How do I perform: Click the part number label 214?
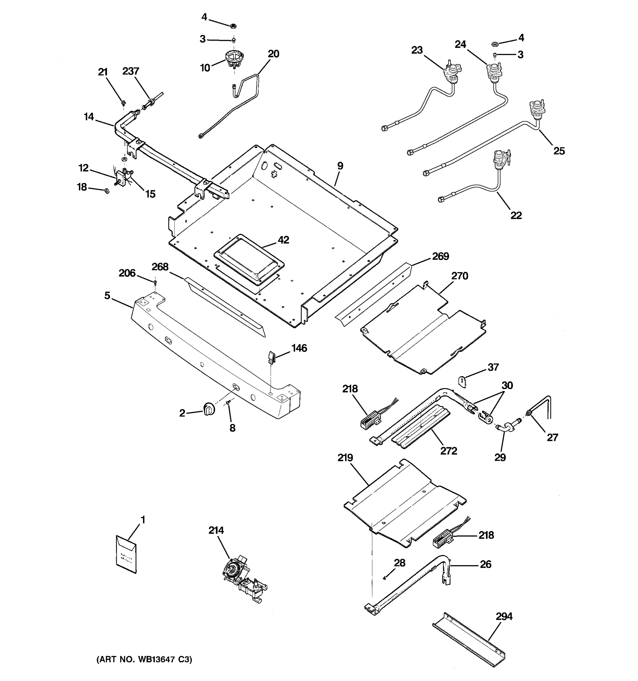click(216, 530)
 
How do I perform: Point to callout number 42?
click(283, 240)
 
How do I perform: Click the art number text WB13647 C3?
click(144, 659)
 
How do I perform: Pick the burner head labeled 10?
click(233, 59)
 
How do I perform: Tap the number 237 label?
click(131, 71)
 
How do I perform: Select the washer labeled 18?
click(106, 190)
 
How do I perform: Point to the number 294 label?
click(504, 617)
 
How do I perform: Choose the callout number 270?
click(460, 276)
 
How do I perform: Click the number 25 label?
click(559, 151)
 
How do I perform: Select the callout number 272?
click(448, 451)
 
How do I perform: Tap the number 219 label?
click(345, 458)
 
